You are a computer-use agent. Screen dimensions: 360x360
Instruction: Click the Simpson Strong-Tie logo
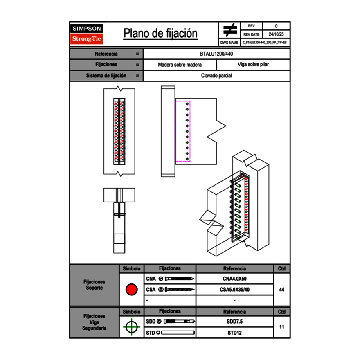pos(87,34)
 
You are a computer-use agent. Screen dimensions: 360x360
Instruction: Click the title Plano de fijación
pos(160,34)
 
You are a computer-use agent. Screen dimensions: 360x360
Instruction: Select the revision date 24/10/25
pos(276,34)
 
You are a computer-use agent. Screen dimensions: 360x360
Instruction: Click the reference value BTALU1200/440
pos(217,54)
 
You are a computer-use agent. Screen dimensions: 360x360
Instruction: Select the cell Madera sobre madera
pos(180,65)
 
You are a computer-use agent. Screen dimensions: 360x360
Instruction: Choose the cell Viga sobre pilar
pos(253,65)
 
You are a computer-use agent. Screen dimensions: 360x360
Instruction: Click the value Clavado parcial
pos(217,76)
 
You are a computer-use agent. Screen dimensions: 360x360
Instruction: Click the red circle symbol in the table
pos(131,290)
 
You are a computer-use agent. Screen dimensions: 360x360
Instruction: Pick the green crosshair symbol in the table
pos(131,327)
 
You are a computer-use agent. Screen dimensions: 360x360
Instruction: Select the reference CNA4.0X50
pos(234,279)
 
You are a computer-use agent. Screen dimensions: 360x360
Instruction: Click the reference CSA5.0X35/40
pos(234,290)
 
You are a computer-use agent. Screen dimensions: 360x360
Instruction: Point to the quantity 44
pos(281,290)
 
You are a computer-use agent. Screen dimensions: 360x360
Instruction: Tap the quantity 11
pos(281,327)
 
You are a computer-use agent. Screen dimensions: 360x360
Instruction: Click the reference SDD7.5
pos(234,322)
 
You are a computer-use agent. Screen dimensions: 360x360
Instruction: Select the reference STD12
pos(234,333)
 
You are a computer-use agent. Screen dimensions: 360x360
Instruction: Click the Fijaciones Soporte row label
pos(94,285)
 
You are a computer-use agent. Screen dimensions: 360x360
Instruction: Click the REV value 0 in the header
pos(276,26)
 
